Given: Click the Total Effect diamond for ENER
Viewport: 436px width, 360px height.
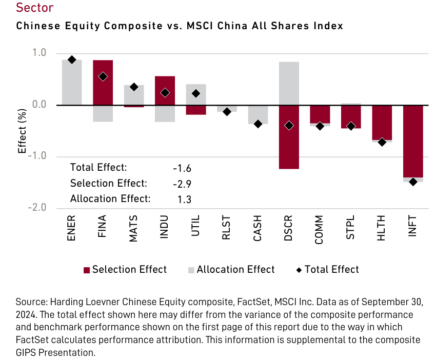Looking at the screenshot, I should [72, 60].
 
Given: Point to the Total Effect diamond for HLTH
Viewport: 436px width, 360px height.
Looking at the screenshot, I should [382, 142].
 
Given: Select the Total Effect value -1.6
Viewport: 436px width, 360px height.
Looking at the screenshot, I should [182, 168].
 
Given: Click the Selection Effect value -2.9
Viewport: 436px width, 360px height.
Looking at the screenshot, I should [182, 184].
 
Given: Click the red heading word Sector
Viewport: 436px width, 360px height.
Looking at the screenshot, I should [34, 8].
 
